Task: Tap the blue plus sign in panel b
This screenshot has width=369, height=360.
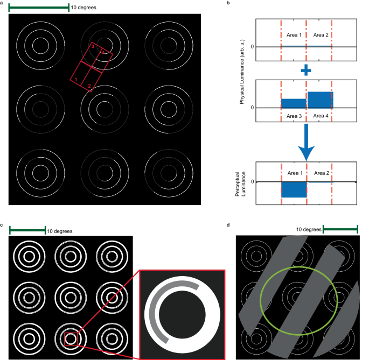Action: [307, 70]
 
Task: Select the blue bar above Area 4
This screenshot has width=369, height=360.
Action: [320, 100]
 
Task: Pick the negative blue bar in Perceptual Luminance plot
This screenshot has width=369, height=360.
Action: [294, 189]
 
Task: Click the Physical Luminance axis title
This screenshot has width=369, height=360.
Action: [242, 68]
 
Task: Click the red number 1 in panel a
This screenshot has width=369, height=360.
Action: [76, 80]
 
